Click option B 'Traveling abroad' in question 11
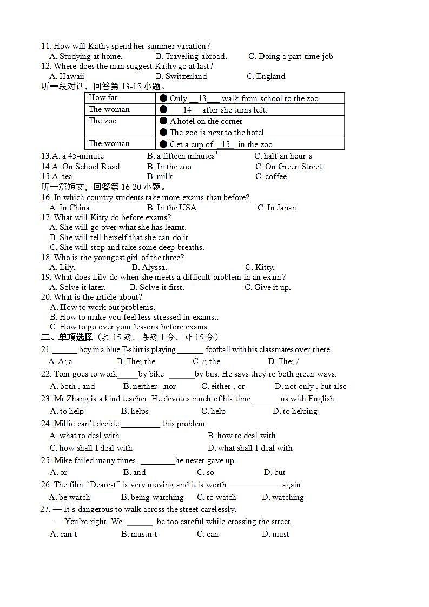(191, 56)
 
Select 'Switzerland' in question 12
(181, 76)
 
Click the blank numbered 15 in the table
(226, 144)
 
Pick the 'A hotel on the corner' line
(206, 121)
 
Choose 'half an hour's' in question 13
(283, 156)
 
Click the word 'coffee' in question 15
(276, 176)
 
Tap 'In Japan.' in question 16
(278, 208)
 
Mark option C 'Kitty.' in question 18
(260, 267)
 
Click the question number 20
(46, 297)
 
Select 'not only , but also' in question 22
(311, 386)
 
